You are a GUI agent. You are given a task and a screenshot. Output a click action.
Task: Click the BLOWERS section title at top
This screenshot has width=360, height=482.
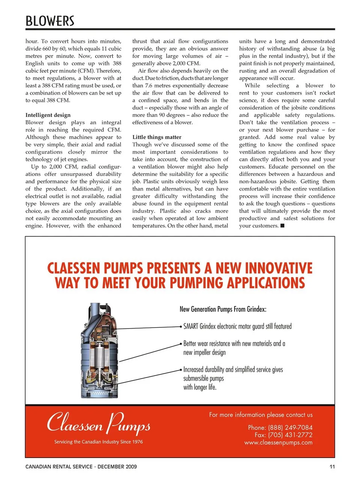[50, 21]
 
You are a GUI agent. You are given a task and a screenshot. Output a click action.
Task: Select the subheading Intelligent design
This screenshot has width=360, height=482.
[48, 115]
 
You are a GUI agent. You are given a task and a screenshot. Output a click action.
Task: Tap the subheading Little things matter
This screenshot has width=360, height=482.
[157, 137]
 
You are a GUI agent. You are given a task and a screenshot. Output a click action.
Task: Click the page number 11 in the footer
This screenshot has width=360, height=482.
[332, 467]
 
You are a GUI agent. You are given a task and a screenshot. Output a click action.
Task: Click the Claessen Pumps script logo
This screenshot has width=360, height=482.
[99, 423]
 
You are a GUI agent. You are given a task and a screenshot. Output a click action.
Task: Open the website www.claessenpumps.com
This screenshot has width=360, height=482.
[278, 443]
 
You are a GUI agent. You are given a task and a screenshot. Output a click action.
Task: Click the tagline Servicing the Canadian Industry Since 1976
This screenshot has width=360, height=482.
[99, 442]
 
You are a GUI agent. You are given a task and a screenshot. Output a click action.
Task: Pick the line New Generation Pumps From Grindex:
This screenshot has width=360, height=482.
[223, 309]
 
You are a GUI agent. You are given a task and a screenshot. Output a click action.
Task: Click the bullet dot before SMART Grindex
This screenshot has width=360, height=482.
[181, 327]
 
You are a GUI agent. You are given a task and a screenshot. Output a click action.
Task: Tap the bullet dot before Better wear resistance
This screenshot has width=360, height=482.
[181, 344]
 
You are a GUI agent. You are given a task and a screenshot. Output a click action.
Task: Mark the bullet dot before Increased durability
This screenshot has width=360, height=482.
[181, 370]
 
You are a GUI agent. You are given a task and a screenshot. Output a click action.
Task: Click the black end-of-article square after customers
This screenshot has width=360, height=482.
[282, 225]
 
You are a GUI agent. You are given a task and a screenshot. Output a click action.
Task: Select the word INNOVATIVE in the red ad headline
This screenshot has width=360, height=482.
[279, 268]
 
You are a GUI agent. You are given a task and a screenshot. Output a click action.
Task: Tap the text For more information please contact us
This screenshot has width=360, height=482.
[261, 415]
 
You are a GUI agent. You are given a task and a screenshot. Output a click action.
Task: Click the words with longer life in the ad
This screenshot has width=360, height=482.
[200, 387]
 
